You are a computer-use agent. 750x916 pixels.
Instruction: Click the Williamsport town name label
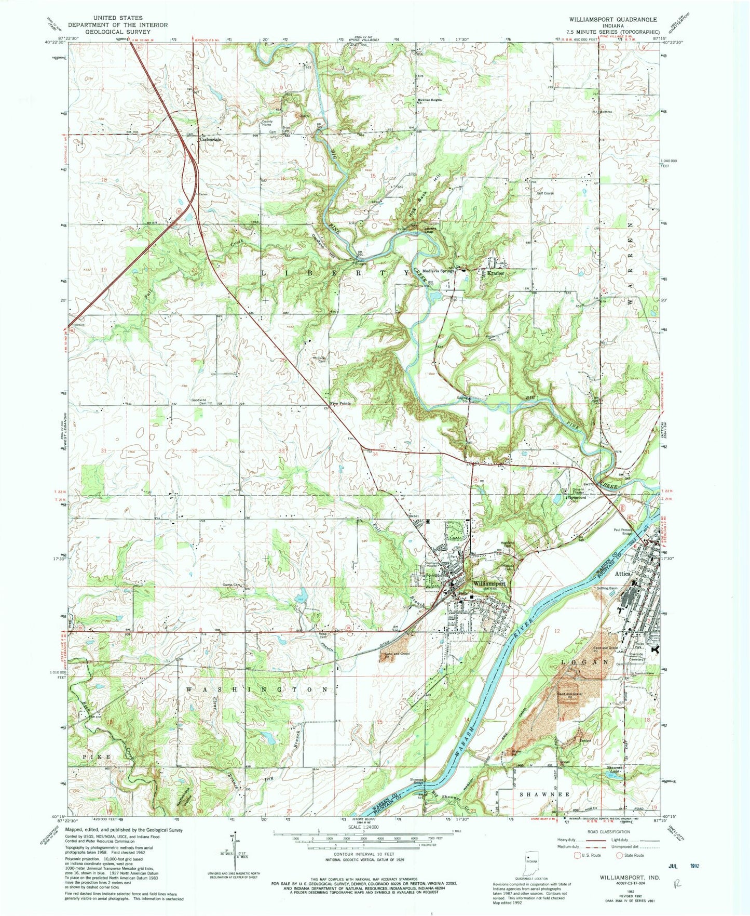486,583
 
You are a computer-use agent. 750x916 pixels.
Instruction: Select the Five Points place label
340,403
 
